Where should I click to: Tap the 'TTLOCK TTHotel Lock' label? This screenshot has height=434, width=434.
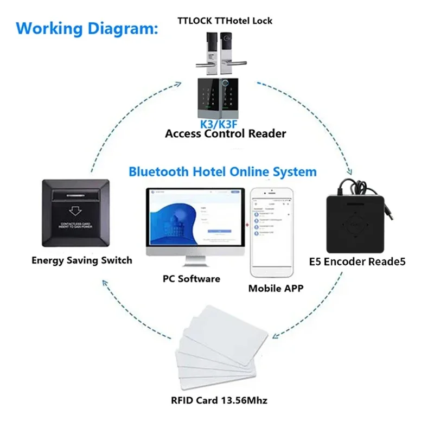[x=225, y=21]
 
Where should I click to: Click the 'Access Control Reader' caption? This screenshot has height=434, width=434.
[x=225, y=133]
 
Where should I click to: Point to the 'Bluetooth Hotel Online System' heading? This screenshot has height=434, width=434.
[x=222, y=172]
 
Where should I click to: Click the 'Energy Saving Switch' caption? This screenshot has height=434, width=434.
[x=81, y=260]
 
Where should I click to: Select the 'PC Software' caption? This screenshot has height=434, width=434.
[x=192, y=278]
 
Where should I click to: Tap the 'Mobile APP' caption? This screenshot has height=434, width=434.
[x=276, y=288]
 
